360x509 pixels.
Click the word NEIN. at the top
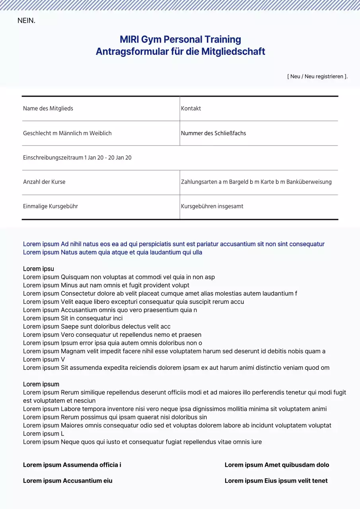pos(26,21)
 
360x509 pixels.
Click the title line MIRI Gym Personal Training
pos(180,39)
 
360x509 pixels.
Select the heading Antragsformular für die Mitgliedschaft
pos(180,51)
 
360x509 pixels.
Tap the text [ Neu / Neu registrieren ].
pos(317,76)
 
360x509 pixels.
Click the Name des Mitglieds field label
pos(48,109)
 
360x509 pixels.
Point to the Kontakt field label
pos(191,109)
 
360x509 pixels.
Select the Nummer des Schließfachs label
pos(213,133)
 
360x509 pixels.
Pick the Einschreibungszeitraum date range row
pos(77,158)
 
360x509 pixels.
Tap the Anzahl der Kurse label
pos(44,182)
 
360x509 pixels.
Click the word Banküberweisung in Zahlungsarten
pos(309,182)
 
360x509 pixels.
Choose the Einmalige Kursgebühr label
pos(51,206)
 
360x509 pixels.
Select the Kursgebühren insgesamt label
pos(212,206)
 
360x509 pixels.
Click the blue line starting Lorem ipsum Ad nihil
pos(173,244)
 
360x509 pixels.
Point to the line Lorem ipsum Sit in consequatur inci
pos(73,318)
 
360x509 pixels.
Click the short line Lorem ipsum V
pos(44,359)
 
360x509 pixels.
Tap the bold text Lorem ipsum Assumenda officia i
pos(72,465)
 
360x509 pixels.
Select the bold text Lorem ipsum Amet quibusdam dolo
pos(277,465)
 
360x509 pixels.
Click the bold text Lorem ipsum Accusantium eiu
pos(68,481)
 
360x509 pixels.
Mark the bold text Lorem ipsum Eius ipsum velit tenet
pos(276,481)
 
